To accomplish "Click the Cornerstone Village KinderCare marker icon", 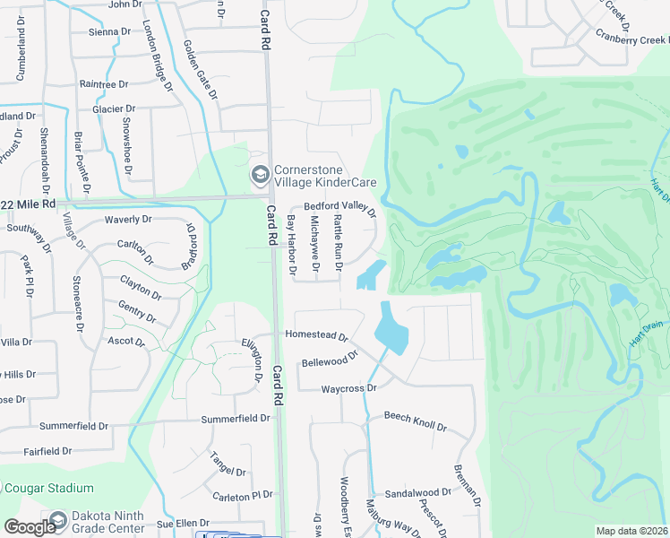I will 261,174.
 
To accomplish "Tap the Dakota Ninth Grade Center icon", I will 58,520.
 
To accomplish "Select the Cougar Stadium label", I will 49,489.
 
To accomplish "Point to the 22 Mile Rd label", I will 30,204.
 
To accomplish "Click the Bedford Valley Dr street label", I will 339,206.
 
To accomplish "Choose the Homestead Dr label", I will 315,335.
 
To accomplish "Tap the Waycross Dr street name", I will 349,387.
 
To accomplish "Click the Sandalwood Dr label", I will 417,493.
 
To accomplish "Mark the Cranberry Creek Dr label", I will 631,39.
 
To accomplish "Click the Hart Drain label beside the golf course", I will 648,343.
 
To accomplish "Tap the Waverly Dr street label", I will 128,219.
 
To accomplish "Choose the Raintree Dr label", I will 104,84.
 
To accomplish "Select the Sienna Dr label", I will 110,32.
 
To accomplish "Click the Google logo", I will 30,527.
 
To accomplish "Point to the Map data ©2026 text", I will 631,531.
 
